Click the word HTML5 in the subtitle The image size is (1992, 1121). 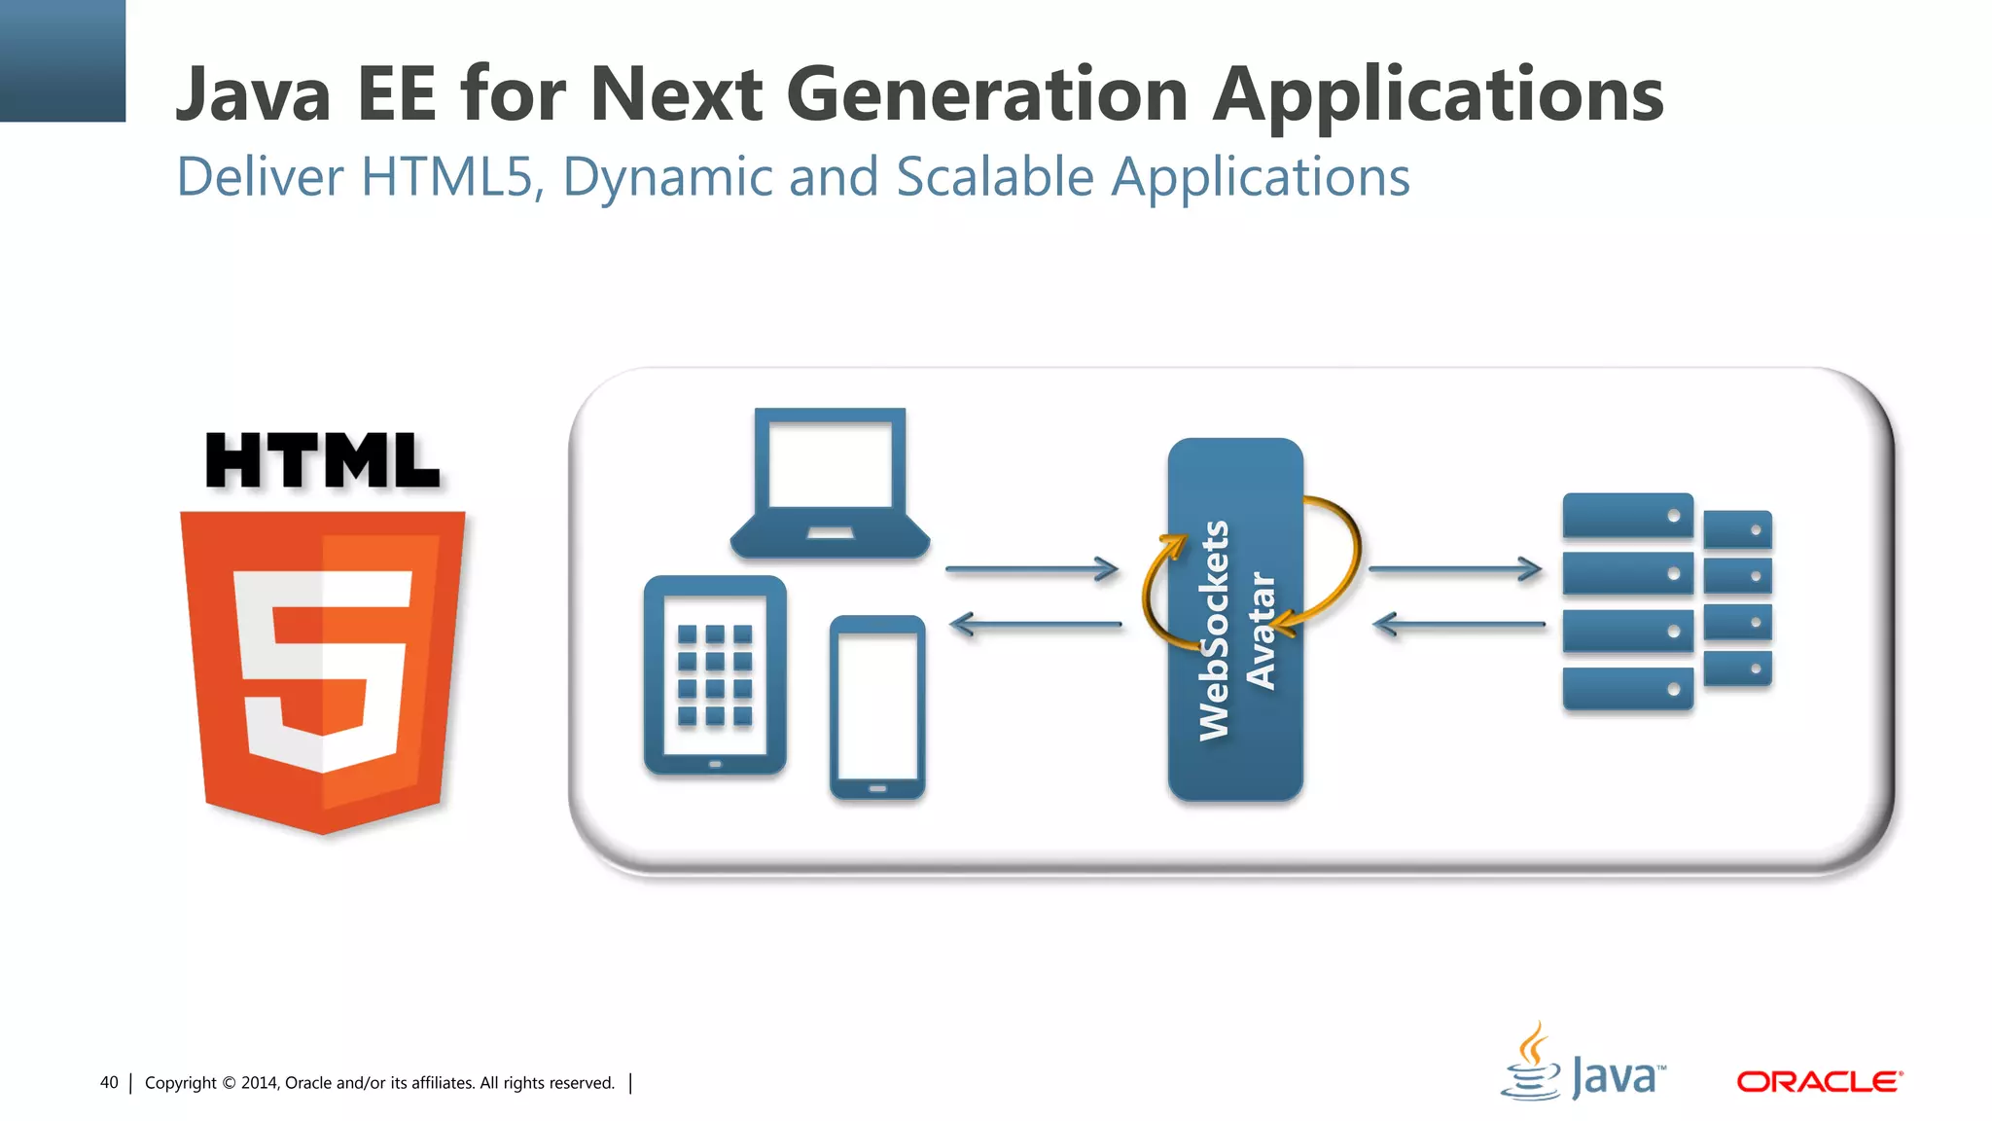tap(450, 178)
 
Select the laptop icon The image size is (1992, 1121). tap(830, 484)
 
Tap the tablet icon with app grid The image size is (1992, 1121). tap(715, 675)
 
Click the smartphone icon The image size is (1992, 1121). tap(876, 707)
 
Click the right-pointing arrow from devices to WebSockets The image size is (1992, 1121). tap(1031, 569)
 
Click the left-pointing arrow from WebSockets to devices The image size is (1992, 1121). tap(1035, 625)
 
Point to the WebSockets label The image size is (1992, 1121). tap(1215, 630)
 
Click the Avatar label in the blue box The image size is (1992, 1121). tap(1261, 631)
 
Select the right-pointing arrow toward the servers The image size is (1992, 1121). tap(1454, 569)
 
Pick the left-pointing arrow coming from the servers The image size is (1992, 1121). tap(1458, 625)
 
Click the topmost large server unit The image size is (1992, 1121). tap(1627, 516)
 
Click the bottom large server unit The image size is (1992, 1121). tap(1627, 689)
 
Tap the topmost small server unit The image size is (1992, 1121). tap(1737, 530)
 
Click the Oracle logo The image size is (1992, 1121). tap(1819, 1082)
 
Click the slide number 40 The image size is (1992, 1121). tap(109, 1083)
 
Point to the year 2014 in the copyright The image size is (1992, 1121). tap(260, 1083)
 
